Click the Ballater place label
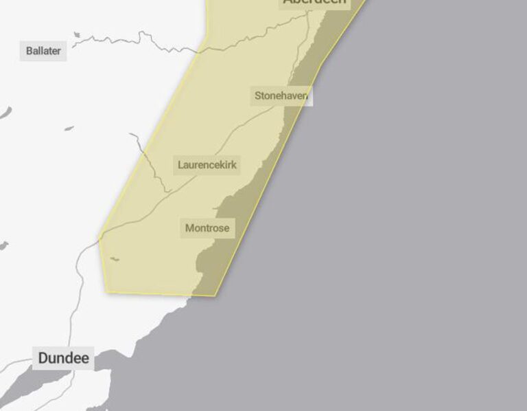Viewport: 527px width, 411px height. pos(43,50)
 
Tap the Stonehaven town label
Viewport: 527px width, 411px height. pos(281,96)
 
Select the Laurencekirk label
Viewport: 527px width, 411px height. pos(207,165)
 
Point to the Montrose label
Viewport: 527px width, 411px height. pos(207,227)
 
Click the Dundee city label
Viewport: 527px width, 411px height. pos(63,358)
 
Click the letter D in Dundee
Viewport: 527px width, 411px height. pos(43,358)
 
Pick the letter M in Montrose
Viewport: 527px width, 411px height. pos(189,227)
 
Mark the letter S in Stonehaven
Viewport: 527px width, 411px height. pos(258,96)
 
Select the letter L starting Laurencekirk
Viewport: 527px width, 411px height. pos(180,165)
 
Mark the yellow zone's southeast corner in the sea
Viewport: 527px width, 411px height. pos(215,296)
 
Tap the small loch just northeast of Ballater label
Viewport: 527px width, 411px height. pos(77,34)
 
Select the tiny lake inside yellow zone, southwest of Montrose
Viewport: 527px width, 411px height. pos(115,259)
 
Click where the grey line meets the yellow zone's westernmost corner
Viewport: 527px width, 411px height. pos(99,238)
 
